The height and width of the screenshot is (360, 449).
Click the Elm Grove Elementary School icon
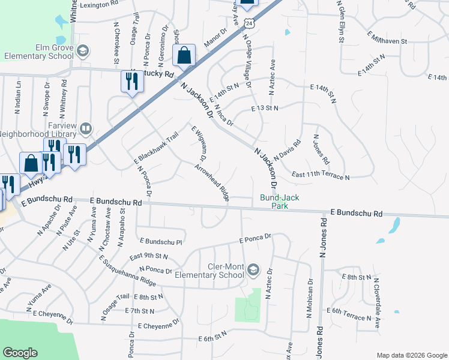pos(80,52)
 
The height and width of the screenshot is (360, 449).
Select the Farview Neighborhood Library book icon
pos(86,129)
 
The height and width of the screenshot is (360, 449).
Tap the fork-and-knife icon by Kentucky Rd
pos(133,80)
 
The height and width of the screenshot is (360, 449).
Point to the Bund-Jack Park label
pos(279,201)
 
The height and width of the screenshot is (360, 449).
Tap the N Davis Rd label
pos(287,150)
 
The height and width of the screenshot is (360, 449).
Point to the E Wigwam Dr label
pos(199,143)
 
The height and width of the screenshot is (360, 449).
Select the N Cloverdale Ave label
pos(376,304)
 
